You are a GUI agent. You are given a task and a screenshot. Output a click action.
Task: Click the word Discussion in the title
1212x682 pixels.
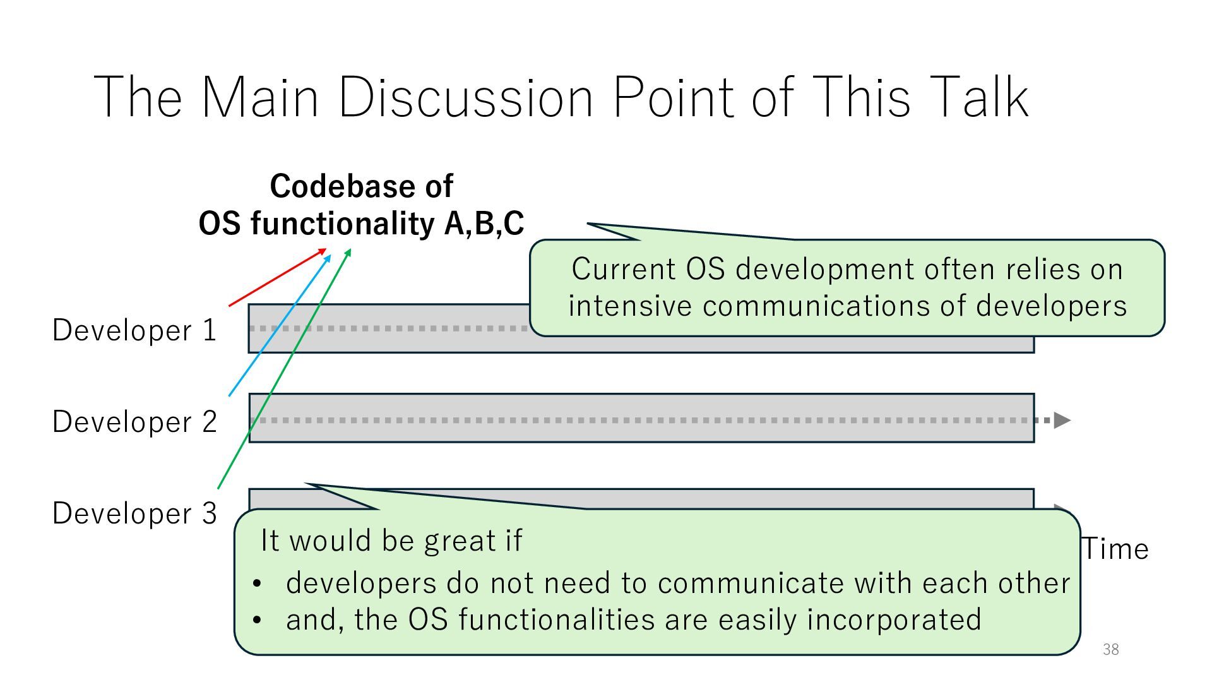coord(466,97)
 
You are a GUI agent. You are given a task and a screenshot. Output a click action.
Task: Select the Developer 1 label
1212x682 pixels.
coord(134,330)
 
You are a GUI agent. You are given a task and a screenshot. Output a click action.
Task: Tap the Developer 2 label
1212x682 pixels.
coord(134,422)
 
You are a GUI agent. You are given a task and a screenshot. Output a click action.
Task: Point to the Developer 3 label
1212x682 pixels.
coord(134,513)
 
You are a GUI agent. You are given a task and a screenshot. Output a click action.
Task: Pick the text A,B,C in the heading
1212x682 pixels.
coord(484,224)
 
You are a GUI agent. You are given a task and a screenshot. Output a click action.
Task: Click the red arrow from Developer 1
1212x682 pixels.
coord(278,278)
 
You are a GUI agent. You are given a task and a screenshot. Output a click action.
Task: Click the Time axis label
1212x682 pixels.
coord(1115,549)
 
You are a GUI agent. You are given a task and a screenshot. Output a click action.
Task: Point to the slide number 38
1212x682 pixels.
coord(1111,649)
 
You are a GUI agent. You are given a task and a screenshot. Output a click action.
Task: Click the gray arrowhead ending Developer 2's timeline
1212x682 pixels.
coord(1062,420)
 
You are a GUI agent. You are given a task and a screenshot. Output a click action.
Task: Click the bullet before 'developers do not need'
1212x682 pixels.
coord(256,583)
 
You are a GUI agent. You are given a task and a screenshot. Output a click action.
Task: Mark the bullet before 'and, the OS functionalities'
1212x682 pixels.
coord(256,620)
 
